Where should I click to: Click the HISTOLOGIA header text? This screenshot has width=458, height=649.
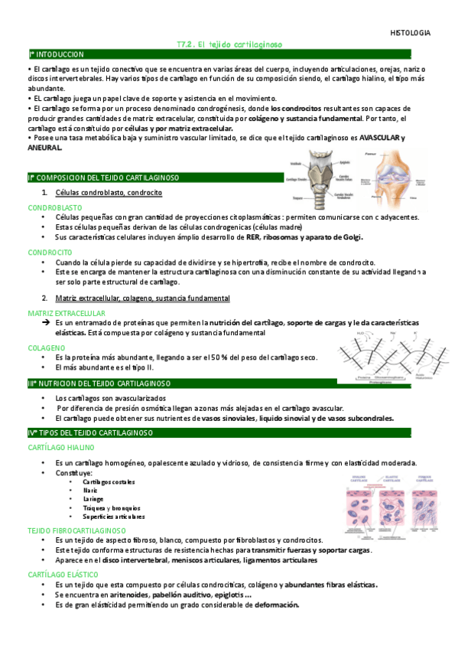pos(410,34)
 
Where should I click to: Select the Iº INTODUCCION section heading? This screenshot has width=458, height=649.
pos(57,55)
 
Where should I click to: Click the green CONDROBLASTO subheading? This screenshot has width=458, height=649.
pos(55,207)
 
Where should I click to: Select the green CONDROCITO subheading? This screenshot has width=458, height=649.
pos(50,252)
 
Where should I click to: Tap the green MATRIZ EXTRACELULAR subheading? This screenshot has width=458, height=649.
pos(67,313)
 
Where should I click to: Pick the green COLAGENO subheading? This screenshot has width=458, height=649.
pos(47,347)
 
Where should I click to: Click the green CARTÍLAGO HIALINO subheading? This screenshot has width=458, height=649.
pos(61,447)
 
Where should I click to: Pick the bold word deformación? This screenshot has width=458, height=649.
pos(277,605)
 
